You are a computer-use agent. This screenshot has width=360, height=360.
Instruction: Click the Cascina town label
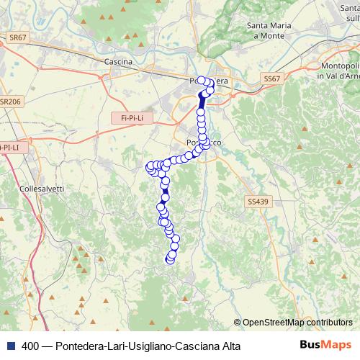(x=118, y=62)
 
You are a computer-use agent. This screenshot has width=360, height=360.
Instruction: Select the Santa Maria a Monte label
(x=269, y=31)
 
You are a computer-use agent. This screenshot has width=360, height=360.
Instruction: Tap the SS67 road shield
(x=271, y=78)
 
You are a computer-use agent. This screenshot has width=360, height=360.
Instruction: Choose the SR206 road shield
(x=12, y=102)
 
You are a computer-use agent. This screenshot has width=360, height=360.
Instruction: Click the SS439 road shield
(x=256, y=202)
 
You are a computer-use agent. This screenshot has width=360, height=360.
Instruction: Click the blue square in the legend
(x=12, y=345)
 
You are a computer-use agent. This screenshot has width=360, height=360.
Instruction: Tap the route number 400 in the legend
(x=31, y=345)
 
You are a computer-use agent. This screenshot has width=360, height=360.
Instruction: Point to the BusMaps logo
(x=325, y=344)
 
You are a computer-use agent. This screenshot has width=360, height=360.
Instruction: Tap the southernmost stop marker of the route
(x=170, y=259)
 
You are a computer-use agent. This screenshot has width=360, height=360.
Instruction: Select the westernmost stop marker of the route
(x=150, y=167)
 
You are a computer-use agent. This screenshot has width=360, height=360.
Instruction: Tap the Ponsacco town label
(x=204, y=143)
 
